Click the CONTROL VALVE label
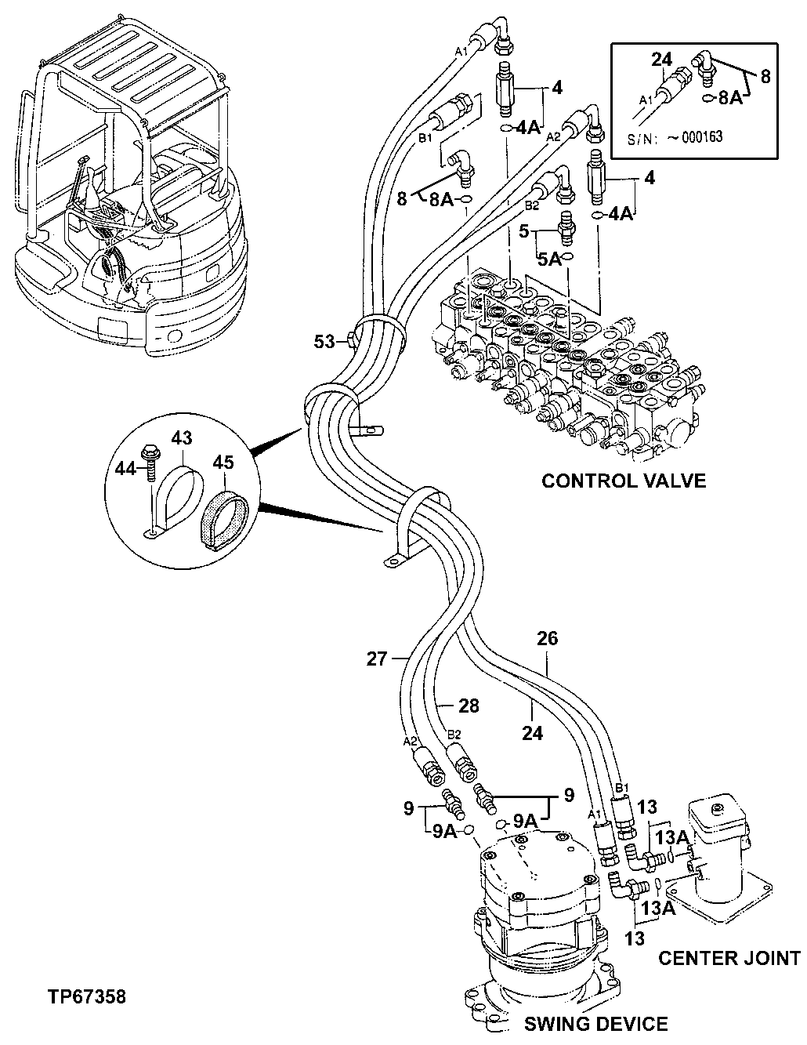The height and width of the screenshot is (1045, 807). point(623,481)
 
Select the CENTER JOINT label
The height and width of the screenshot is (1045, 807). point(729,957)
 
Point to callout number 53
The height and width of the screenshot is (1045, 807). point(323,341)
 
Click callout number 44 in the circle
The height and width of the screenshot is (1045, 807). point(126,468)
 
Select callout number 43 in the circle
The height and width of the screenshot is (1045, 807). point(182,438)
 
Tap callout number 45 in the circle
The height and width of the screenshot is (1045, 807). point(223,463)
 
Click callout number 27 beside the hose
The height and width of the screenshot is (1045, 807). point(377,659)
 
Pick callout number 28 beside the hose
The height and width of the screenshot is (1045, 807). point(469,706)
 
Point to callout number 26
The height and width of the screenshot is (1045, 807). point(547,639)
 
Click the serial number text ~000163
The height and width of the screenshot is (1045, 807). point(694,136)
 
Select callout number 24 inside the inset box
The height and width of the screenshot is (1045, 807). point(663,58)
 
